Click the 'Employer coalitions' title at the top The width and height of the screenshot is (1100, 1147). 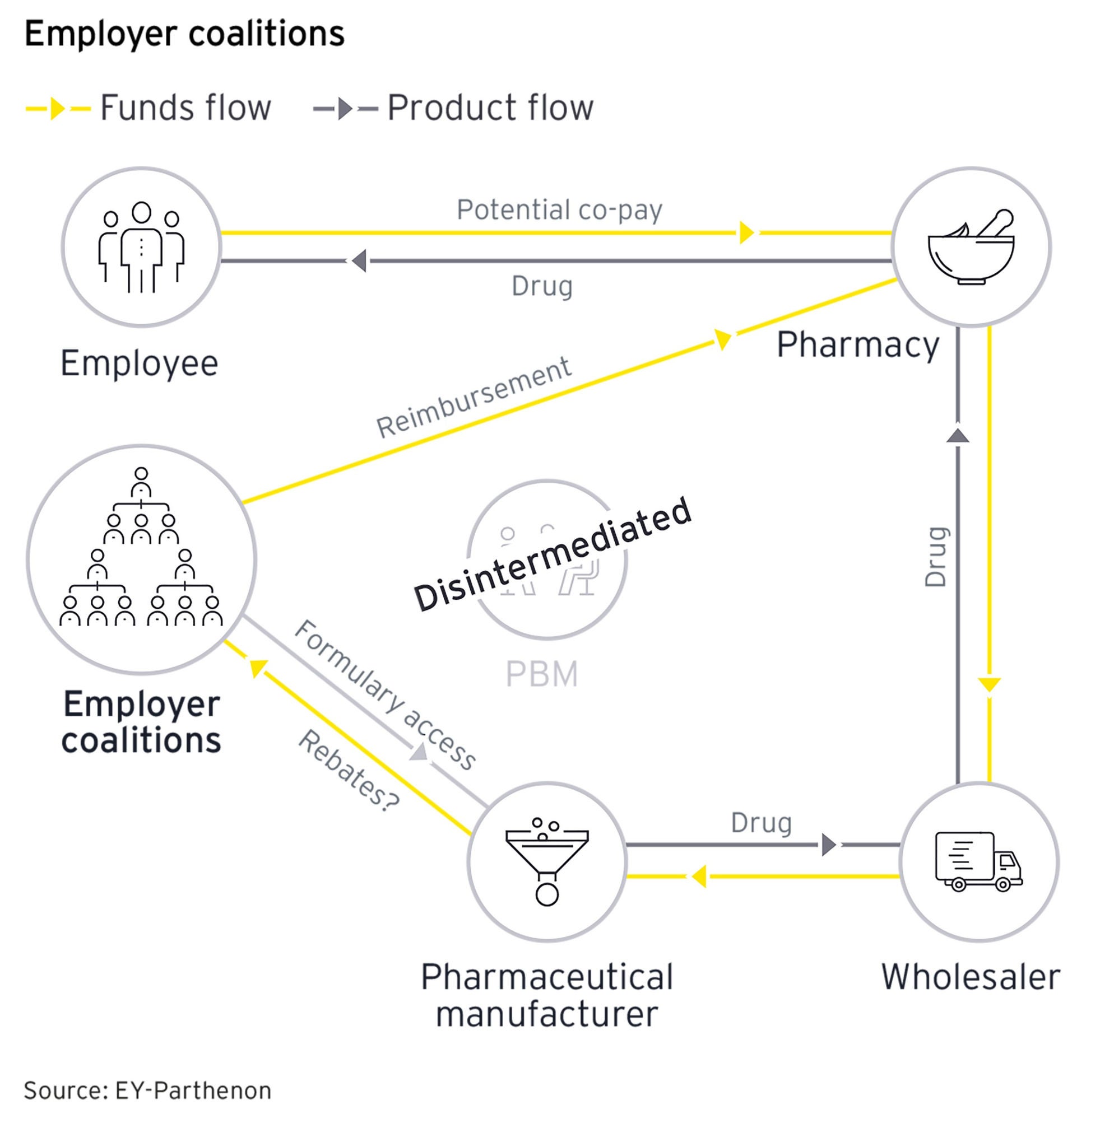coord(184,34)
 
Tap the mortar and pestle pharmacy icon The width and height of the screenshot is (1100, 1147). coord(971,247)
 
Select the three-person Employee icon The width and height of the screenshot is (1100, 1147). coord(141,247)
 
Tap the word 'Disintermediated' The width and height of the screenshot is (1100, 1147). coord(553,554)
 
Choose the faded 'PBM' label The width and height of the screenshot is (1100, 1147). coord(541,674)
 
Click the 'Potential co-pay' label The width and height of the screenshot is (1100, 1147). coord(559,209)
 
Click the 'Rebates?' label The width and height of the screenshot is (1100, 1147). coord(349,770)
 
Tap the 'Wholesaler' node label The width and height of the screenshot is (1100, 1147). coord(971,977)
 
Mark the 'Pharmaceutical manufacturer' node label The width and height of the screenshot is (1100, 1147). coord(547,995)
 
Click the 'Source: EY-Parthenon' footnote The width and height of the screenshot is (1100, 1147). coord(147,1092)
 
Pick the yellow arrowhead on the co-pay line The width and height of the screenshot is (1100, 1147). coord(746,232)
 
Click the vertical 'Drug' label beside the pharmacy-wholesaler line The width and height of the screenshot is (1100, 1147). coord(935,557)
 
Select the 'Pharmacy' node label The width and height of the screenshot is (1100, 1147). coord(857,344)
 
